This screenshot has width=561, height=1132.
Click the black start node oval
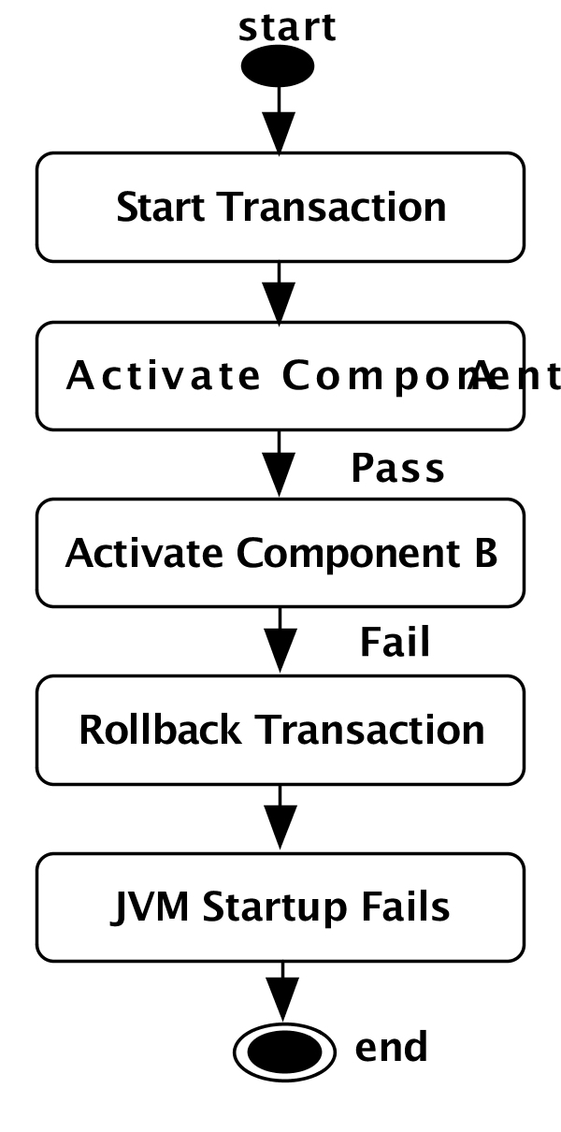point(278,66)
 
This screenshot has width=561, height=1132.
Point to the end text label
point(391,1047)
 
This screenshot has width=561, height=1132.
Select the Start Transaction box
point(280,207)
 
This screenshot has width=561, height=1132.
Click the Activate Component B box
point(280,553)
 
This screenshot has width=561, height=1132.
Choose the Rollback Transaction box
point(280,730)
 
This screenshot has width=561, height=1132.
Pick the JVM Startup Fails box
point(280,907)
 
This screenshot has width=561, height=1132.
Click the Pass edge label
point(397,468)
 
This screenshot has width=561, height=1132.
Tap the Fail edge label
point(395,643)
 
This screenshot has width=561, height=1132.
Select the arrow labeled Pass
point(279,465)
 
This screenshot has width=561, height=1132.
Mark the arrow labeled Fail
point(279,642)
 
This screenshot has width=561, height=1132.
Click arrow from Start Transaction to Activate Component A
point(279,292)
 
